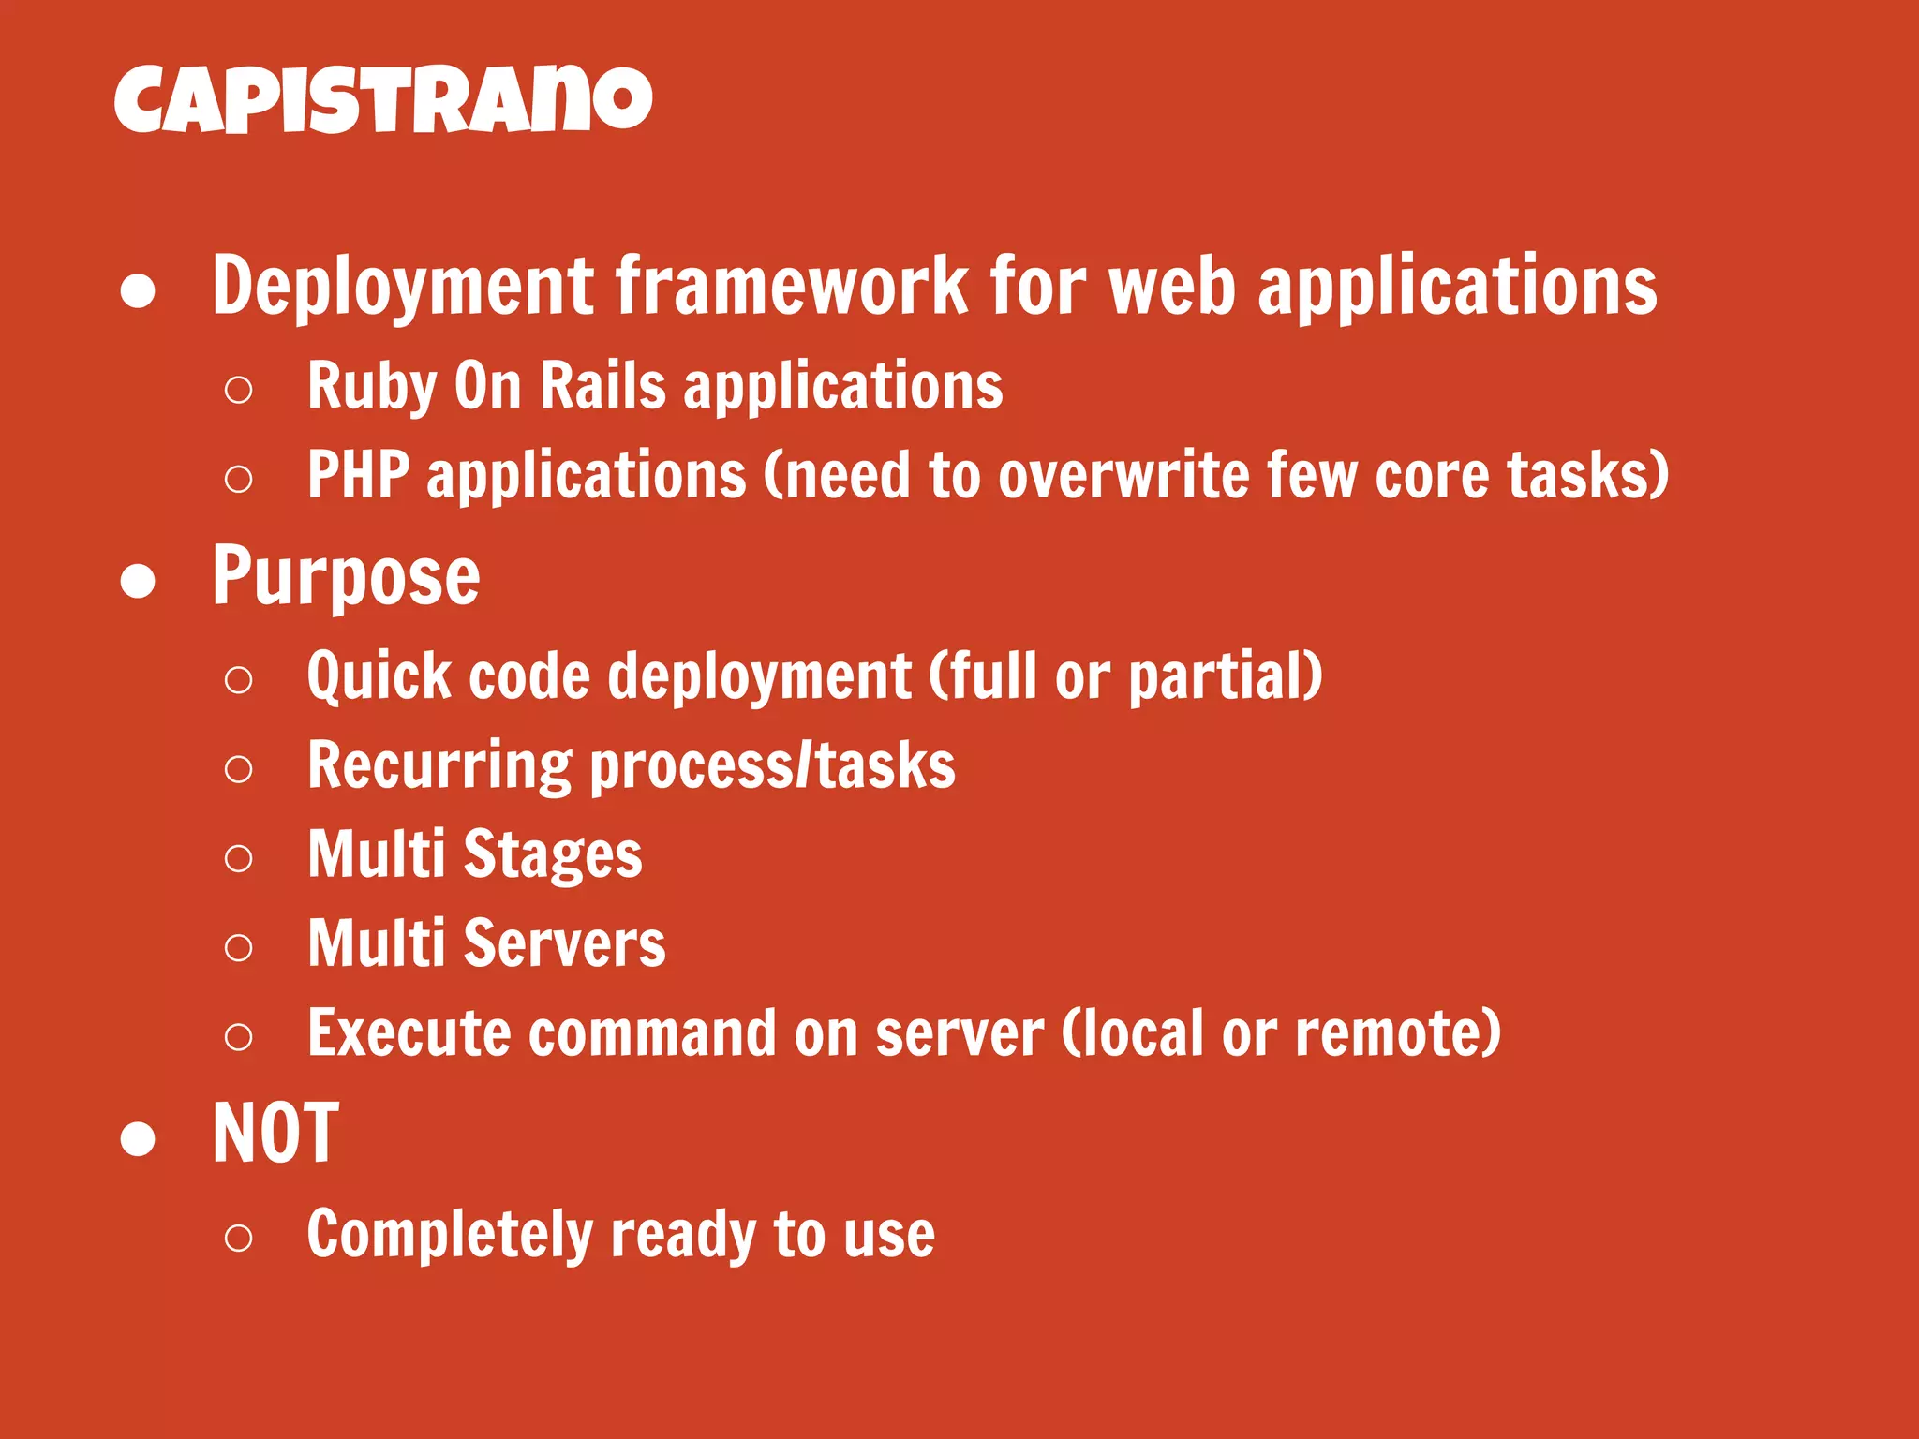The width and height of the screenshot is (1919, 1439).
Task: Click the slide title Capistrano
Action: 382,99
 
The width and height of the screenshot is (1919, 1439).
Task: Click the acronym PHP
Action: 358,475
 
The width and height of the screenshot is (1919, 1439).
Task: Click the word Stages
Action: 553,855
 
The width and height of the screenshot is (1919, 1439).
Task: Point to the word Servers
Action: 564,944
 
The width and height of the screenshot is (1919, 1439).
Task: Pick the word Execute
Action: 409,1033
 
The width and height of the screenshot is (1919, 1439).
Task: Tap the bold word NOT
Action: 275,1135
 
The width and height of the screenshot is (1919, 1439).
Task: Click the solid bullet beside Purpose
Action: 138,581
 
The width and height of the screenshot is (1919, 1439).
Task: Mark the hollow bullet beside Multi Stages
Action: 239,858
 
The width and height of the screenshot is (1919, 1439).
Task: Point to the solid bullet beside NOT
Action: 138,1138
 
